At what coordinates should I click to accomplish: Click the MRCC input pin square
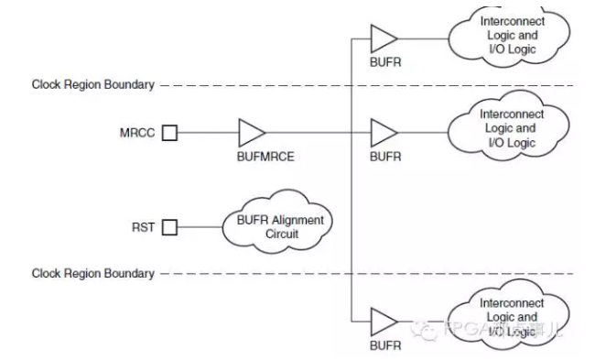coord(169,133)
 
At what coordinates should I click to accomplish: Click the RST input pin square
coord(169,227)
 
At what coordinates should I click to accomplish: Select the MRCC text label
coord(136,133)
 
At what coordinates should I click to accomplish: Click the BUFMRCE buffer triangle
coord(250,133)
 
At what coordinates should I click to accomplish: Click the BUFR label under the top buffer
coord(384,62)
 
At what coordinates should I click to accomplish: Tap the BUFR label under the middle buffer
coord(384,157)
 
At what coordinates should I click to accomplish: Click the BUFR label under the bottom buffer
coord(384,346)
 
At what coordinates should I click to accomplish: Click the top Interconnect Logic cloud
coord(511,36)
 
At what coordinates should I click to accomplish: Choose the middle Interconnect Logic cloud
coord(511,129)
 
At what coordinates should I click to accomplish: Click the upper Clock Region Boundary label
coord(92,85)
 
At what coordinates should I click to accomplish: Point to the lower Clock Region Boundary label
coord(92,274)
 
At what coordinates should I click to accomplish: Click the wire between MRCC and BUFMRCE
coord(206,133)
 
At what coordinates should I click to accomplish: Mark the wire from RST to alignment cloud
coord(200,227)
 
